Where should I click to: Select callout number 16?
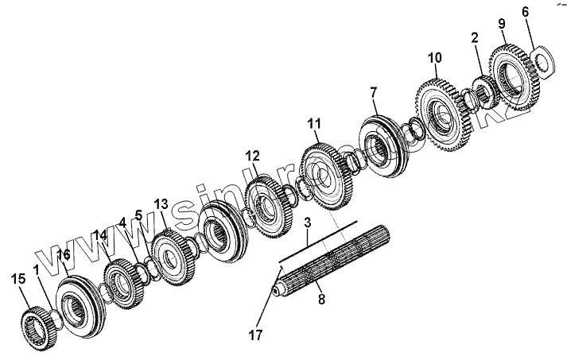pyautogui.click(x=64, y=254)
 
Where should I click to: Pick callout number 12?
pyautogui.click(x=252, y=156)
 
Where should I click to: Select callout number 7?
pyautogui.click(x=373, y=92)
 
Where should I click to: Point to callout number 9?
pyautogui.click(x=501, y=24)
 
